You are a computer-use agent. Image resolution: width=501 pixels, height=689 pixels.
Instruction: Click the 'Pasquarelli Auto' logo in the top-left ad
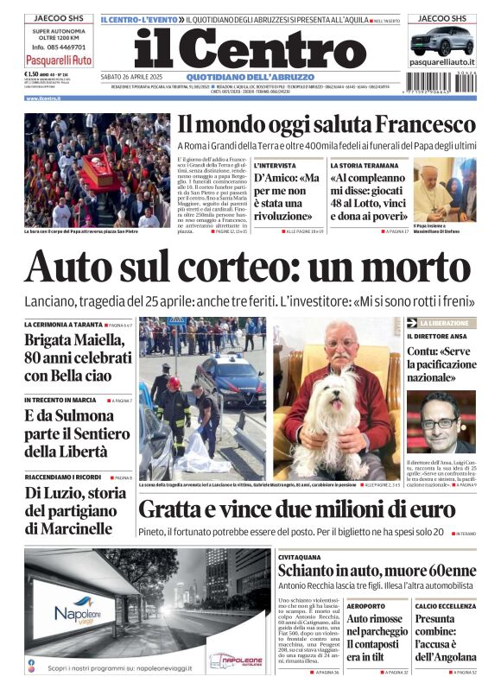click(58, 60)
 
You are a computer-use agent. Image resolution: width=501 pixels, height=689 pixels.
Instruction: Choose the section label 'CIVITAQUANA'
click(301, 558)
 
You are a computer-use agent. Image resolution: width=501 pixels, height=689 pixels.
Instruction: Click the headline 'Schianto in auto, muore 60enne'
click(377, 572)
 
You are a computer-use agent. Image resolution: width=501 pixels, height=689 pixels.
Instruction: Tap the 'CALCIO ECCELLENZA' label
click(445, 606)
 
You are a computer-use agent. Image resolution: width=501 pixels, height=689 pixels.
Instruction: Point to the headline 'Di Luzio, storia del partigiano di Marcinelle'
click(76, 510)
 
